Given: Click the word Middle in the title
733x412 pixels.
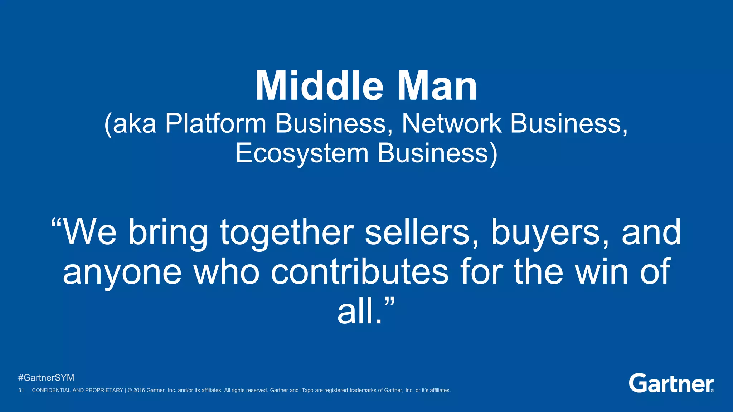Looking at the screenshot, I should pos(319,86).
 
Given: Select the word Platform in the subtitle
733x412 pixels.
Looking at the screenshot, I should pos(216,124).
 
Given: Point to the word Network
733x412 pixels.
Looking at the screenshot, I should pos(452,124).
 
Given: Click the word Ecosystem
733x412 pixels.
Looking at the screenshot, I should pos(302,153).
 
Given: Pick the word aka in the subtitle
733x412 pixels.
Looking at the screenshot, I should pos(135,124).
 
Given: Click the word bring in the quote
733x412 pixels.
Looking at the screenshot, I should pos(168,233).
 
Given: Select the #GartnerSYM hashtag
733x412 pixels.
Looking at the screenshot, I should pos(46,378).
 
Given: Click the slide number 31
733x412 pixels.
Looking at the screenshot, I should pos(21,390).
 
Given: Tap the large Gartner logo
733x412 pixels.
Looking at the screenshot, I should pos(671,383).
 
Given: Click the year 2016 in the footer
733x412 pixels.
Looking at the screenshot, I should pos(139,390).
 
